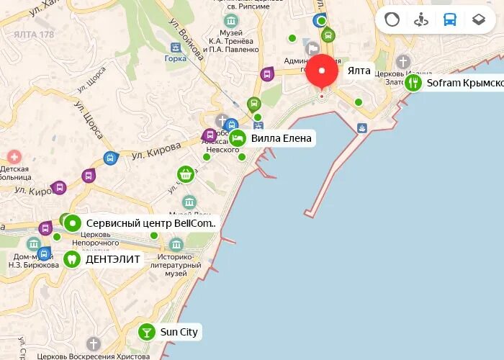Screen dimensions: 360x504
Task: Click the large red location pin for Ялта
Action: [322, 72]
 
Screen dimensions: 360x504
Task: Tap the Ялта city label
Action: [359, 71]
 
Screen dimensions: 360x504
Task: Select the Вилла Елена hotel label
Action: [281, 138]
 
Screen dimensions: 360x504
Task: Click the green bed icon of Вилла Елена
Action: [237, 138]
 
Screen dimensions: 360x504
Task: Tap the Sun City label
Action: [179, 332]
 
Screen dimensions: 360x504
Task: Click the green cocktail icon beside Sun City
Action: [147, 332]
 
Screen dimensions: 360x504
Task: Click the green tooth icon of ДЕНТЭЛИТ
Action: [72, 258]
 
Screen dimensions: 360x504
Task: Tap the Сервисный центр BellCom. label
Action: [150, 223]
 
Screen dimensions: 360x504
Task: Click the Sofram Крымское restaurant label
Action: [464, 83]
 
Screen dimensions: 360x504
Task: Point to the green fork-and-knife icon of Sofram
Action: [413, 83]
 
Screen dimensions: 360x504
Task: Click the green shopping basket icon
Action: [186, 174]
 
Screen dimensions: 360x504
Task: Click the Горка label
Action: [176, 60]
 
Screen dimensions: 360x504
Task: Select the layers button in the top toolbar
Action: [479, 19]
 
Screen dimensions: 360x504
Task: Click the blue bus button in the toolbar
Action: [450, 19]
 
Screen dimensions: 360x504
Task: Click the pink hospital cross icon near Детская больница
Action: [14, 156]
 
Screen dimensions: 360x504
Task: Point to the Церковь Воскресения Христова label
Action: [94, 356]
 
